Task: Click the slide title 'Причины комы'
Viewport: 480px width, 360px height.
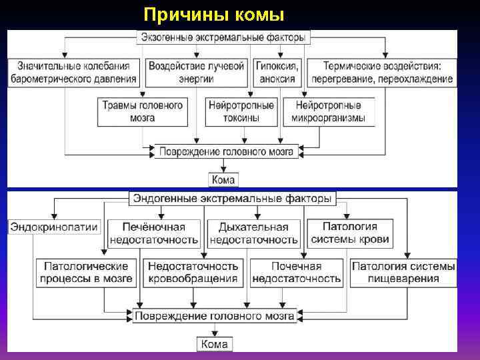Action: pos(214,14)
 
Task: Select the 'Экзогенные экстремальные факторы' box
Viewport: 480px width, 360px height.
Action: pos(223,37)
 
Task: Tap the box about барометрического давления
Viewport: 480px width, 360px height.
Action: pos(74,72)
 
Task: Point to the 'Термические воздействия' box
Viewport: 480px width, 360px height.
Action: pos(381,72)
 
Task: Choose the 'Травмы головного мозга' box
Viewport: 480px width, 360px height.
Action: pos(143,111)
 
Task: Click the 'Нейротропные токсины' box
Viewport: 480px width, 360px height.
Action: pos(241,111)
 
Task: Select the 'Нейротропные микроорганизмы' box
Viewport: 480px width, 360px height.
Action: pos(328,111)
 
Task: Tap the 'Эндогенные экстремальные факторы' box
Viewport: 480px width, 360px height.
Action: pos(232,199)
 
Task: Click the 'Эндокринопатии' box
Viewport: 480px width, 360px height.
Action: pos(54,227)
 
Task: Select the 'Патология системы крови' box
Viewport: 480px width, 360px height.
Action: pos(349,233)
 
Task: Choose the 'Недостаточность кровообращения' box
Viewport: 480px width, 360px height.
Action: pos(193,272)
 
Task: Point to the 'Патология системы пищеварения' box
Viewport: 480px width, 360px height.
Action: pos(403,272)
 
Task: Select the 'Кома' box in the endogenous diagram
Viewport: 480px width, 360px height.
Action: pos(215,344)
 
